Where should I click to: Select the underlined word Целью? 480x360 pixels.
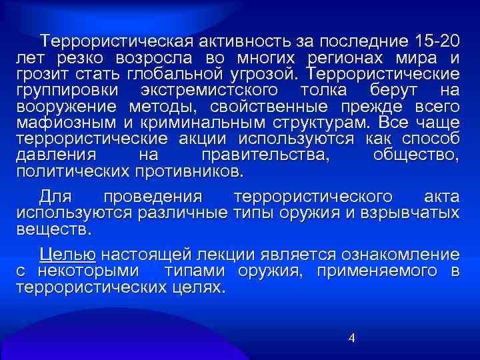(x=69, y=255)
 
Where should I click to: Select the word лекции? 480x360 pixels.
(x=220, y=255)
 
